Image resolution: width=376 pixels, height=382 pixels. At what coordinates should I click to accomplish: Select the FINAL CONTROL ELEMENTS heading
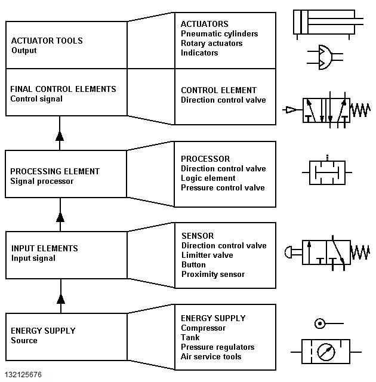point(63,89)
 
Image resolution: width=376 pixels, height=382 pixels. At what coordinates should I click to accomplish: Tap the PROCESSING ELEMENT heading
point(55,171)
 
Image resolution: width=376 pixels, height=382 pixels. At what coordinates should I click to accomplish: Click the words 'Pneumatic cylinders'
point(220,34)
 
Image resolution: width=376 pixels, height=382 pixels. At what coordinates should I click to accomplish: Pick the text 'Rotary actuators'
point(212,44)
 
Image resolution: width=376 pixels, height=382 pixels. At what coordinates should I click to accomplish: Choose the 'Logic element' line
point(208,178)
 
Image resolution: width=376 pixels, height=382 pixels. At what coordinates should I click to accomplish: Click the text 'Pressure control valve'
point(223,188)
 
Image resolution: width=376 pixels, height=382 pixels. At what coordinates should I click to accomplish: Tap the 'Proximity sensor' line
point(213,275)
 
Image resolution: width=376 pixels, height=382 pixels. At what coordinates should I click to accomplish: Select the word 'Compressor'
point(204,328)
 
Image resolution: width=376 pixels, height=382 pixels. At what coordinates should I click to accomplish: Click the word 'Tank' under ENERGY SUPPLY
point(190,338)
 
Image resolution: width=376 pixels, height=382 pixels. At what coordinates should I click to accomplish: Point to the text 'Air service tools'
point(211,357)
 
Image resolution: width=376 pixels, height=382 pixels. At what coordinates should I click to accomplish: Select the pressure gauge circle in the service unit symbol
point(326,352)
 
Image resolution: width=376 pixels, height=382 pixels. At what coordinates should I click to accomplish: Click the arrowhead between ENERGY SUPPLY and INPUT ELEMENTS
point(60,298)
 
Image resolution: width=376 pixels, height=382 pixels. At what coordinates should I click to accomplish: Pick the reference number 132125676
point(23,375)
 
